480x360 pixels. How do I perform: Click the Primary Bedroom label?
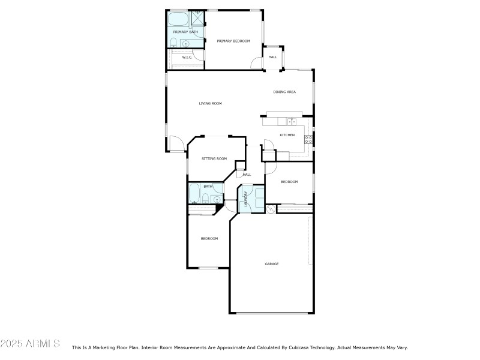pyautogui.click(x=233, y=41)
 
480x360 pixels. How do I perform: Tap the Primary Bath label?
pyautogui.click(x=185, y=32)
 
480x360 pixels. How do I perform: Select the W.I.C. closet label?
pyautogui.click(x=187, y=57)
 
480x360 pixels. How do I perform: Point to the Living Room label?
pyautogui.click(x=211, y=103)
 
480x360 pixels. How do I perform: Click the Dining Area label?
pyautogui.click(x=284, y=92)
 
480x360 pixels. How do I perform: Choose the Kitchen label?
pyautogui.click(x=287, y=135)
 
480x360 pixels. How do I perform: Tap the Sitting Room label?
pyautogui.click(x=214, y=158)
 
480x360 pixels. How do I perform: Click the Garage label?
pyautogui.click(x=272, y=264)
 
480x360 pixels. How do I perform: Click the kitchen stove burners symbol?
pyautogui.click(x=308, y=140)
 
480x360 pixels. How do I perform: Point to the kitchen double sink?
pyautogui.click(x=292, y=122)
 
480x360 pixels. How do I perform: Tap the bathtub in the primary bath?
pyautogui.click(x=178, y=19)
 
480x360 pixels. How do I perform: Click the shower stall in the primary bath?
pyautogui.click(x=198, y=18)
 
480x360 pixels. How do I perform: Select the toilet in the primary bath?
pyautogui.click(x=173, y=43)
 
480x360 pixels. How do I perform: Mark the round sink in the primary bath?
pyautogui.click(x=186, y=44)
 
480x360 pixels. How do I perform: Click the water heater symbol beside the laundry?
pyautogui.click(x=271, y=209)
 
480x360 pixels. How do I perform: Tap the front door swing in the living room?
pyautogui.click(x=176, y=143)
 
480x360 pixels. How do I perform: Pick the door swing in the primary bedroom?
pyautogui.click(x=257, y=63)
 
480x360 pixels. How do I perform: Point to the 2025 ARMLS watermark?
pyautogui.click(x=31, y=343)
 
